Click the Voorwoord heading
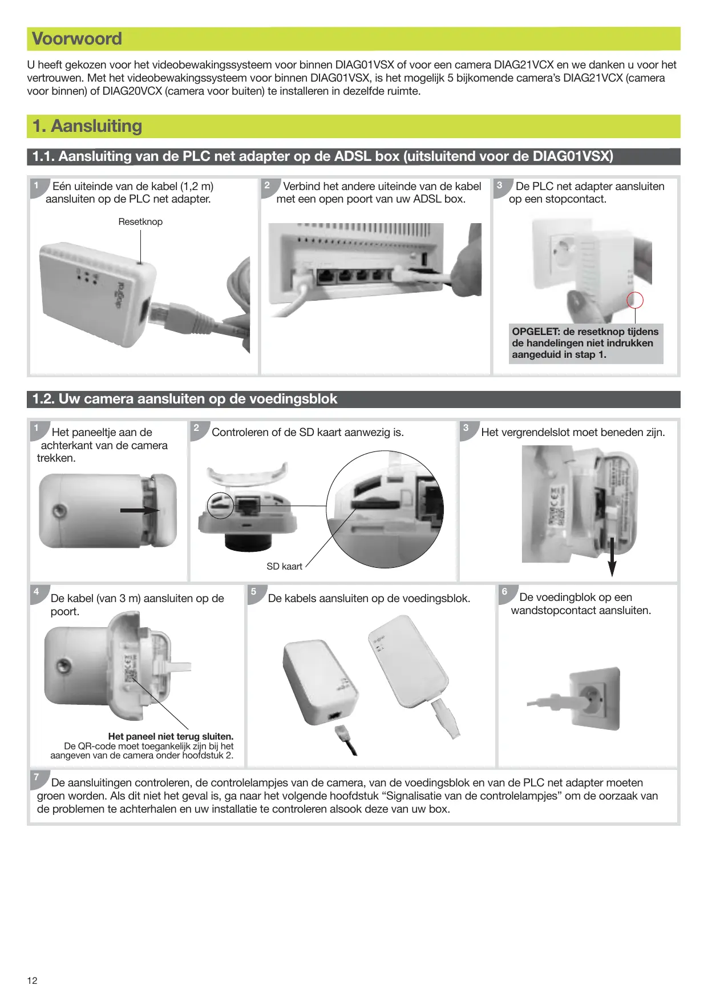click(x=77, y=39)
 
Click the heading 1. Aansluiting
click(x=87, y=126)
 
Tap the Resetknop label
click(x=140, y=222)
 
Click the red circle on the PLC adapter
click(x=635, y=300)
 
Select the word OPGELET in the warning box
click(x=535, y=332)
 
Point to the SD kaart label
click(x=284, y=566)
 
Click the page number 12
click(x=33, y=980)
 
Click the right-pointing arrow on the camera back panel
click(x=140, y=510)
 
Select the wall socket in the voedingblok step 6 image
click(x=594, y=699)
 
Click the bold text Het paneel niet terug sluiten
click(x=171, y=736)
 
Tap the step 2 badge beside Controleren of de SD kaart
click(x=197, y=428)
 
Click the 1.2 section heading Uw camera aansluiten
click(x=184, y=399)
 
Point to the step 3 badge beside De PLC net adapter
click(x=500, y=185)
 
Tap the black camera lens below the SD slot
click(x=248, y=542)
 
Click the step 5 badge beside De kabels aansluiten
click(x=254, y=592)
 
